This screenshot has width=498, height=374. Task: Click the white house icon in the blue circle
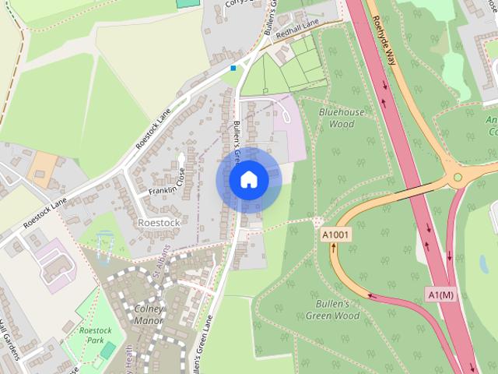(248, 180)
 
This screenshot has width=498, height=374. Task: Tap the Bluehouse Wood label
(342, 118)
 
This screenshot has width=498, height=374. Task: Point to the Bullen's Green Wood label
(337, 309)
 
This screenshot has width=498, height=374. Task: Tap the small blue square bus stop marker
(233, 69)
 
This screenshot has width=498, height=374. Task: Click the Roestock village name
(158, 222)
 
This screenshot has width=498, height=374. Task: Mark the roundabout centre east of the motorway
(458, 178)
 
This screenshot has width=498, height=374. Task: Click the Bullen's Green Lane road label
(203, 343)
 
